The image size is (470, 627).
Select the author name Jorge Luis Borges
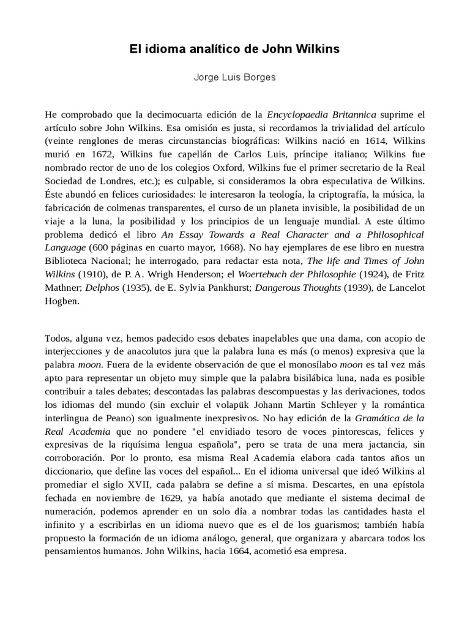point(234,78)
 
